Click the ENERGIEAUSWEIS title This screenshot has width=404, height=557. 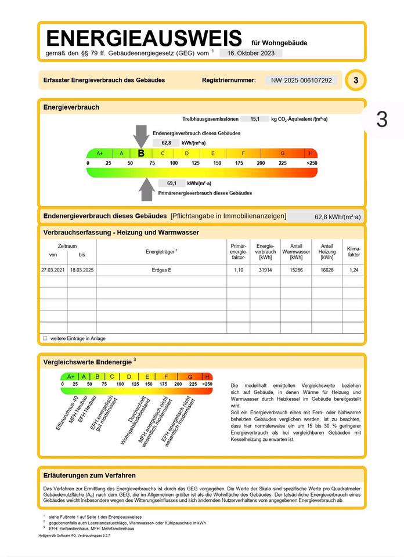point(143,39)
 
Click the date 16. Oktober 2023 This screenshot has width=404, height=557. point(251,53)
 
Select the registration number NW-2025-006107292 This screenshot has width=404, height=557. point(302,80)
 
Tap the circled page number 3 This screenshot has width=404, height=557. point(355,80)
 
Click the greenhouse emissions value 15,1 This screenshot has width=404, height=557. point(255,119)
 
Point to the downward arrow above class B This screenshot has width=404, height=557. point(141,136)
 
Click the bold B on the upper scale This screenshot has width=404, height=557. point(141,153)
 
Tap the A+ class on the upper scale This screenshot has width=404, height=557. point(99,153)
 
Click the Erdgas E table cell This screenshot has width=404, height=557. point(162,270)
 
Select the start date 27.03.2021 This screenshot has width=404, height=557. point(53,270)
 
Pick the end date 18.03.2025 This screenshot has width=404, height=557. point(82,270)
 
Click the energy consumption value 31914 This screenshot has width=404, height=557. point(265,270)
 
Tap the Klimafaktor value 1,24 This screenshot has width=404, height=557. point(353,270)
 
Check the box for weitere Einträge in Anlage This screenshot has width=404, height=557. point(45,338)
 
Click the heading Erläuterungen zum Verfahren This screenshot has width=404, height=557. point(89,475)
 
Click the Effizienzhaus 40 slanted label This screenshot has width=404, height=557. point(67,413)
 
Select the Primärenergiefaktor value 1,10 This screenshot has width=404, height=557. point(238,270)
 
